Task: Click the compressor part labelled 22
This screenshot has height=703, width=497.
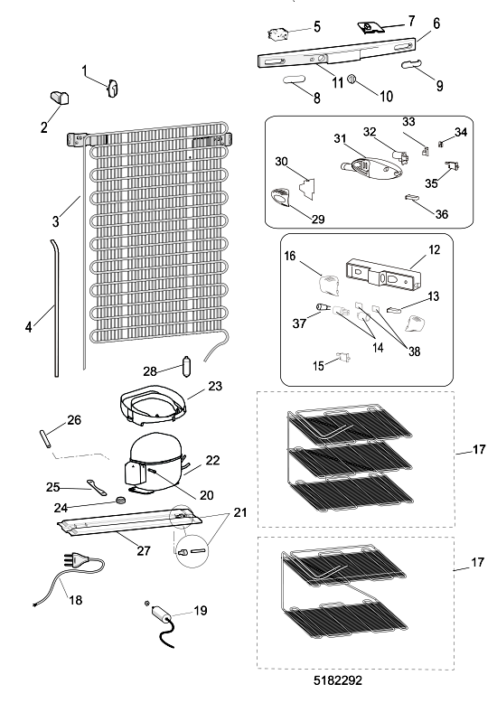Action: (x=155, y=462)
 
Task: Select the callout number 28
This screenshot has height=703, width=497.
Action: (x=150, y=371)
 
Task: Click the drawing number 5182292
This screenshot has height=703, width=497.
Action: (x=337, y=680)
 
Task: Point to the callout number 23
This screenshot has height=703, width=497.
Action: (x=215, y=386)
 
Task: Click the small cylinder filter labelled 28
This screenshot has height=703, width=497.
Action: (x=186, y=366)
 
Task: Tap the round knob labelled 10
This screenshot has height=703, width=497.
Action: (x=352, y=79)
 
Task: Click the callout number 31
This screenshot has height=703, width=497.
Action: (x=341, y=138)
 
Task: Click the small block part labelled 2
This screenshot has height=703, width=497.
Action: (x=59, y=98)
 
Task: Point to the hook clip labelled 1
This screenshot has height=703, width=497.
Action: (x=113, y=88)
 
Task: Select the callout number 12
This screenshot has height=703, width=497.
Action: (x=435, y=249)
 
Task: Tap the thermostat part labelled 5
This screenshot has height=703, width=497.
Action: (x=277, y=33)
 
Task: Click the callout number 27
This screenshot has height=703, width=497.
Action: (x=144, y=550)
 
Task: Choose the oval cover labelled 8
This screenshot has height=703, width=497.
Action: (x=294, y=80)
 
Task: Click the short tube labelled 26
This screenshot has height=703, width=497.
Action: (x=47, y=438)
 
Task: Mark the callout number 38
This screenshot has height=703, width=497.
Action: (x=415, y=351)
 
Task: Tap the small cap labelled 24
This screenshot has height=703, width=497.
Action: (x=120, y=501)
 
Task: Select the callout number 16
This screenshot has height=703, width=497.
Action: (x=290, y=256)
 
